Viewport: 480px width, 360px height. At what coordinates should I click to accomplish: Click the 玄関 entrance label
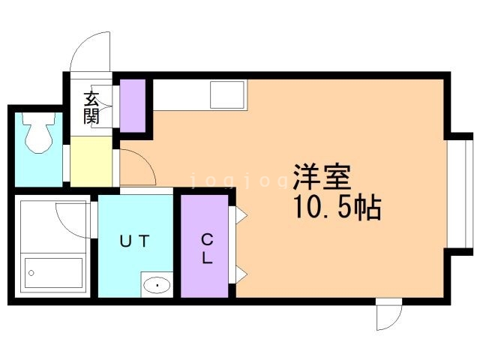tap(91, 107)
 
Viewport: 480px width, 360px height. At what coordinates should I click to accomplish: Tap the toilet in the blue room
tap(38, 133)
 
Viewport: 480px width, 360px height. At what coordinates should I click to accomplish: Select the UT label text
tap(135, 241)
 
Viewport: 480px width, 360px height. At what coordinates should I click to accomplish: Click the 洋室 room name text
tap(322, 177)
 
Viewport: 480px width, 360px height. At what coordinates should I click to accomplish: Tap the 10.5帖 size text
tap(337, 208)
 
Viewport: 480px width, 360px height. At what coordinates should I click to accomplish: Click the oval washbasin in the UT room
tap(157, 286)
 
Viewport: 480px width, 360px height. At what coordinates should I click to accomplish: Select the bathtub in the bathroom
tap(53, 273)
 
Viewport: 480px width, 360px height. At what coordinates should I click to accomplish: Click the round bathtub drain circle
tap(31, 273)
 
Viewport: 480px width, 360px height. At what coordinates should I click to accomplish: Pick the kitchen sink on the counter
tap(228, 94)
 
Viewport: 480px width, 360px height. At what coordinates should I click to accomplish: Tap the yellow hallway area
tap(91, 161)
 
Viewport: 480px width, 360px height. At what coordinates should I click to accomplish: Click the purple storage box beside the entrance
tap(132, 106)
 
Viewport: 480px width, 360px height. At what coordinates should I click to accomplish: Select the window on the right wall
tap(460, 193)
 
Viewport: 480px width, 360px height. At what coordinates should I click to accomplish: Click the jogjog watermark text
tap(238, 181)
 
